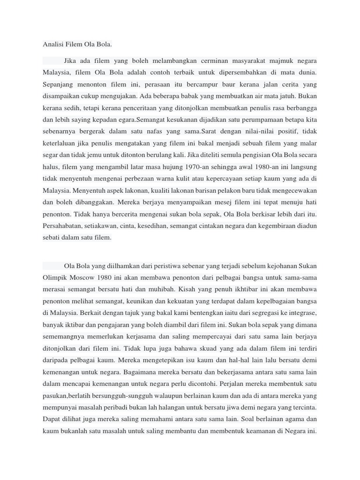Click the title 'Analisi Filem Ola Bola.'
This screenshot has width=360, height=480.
pos(77,45)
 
